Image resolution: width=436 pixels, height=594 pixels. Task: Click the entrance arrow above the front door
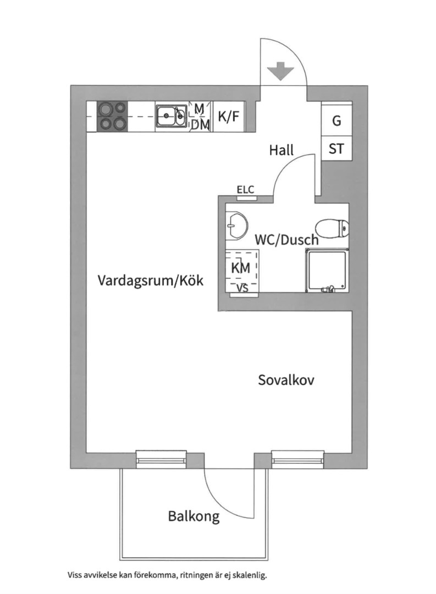[x=280, y=71]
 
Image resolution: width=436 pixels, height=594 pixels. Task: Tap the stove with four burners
[x=113, y=116]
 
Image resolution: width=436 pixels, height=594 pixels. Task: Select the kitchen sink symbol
[x=171, y=116]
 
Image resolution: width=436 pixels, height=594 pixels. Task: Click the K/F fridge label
[x=228, y=116]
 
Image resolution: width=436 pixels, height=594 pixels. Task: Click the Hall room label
[x=282, y=150]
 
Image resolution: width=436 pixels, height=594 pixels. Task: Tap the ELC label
[x=245, y=189]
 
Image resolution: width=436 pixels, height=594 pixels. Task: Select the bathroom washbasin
[x=236, y=226]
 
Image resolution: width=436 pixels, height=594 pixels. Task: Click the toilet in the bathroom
[x=332, y=228]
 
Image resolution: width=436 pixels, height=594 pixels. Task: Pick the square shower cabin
[x=327, y=271]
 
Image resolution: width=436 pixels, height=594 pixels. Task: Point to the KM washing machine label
[x=241, y=268]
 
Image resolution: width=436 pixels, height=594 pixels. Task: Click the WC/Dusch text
[x=287, y=240]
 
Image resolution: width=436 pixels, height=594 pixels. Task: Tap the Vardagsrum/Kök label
[x=151, y=280]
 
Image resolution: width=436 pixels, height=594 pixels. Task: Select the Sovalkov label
[x=286, y=380]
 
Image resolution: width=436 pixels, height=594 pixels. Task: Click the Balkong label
[x=194, y=516]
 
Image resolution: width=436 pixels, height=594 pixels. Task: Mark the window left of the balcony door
[x=161, y=459]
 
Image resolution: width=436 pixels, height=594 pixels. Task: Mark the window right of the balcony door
[x=298, y=459]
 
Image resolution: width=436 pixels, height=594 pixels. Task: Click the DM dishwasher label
[x=200, y=125]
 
